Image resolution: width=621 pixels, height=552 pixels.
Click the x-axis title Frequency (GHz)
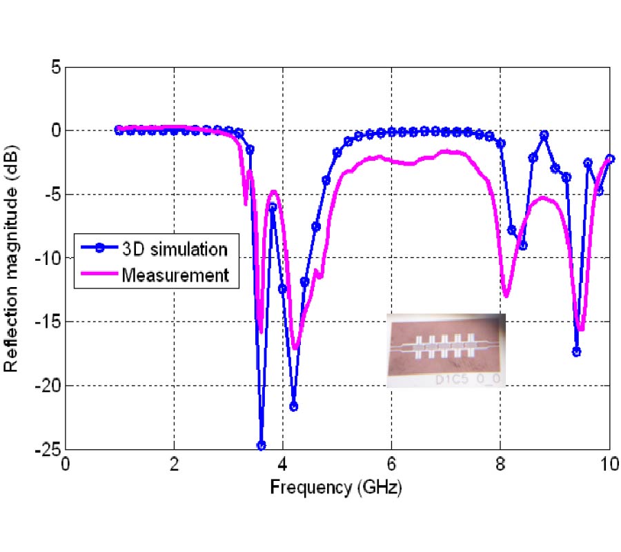click(335, 487)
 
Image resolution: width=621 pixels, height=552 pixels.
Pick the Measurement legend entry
click(175, 275)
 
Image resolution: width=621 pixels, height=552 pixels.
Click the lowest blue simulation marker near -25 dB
click(261, 446)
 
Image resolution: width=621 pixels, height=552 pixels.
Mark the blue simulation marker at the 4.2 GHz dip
click(294, 406)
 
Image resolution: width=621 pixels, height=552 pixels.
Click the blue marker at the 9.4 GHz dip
click(576, 352)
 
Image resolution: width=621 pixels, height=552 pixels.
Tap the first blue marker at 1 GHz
click(119, 130)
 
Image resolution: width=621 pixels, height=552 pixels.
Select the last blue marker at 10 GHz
click(609, 158)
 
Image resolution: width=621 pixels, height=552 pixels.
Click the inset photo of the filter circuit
click(446, 351)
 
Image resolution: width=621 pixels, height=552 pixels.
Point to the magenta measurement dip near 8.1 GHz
click(506, 295)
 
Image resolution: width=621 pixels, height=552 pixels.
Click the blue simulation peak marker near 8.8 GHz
click(544, 135)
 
